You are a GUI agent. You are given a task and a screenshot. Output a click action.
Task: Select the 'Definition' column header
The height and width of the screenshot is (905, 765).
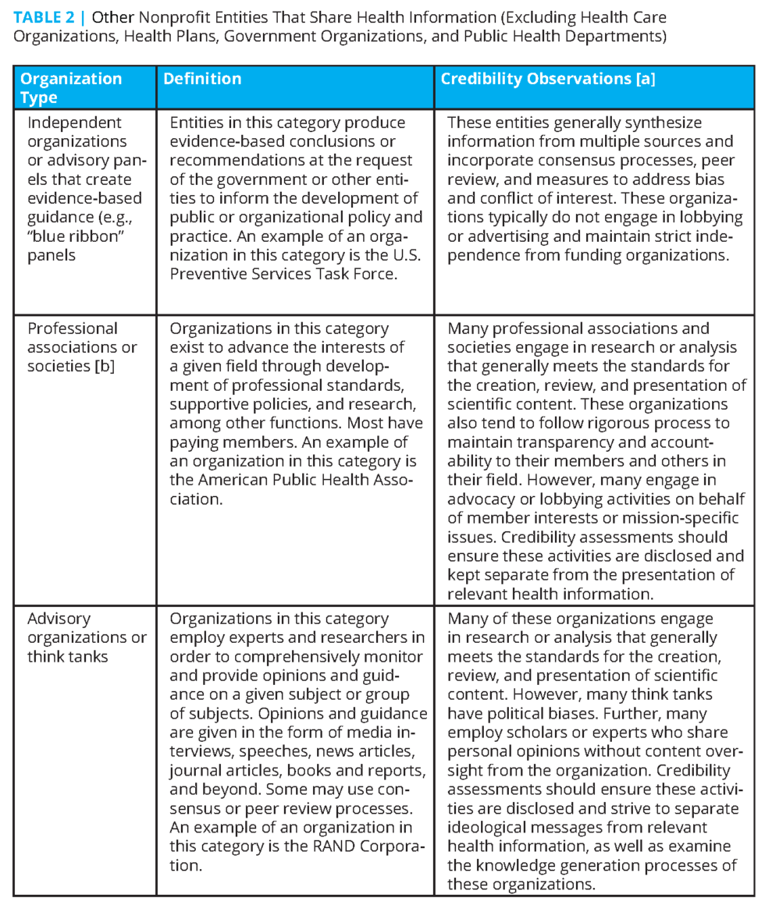coord(202,79)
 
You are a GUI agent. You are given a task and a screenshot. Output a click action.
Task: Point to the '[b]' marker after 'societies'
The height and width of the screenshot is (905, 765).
coord(105,366)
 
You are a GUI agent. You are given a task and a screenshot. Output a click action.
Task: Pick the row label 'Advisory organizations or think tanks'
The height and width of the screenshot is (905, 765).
coord(86,637)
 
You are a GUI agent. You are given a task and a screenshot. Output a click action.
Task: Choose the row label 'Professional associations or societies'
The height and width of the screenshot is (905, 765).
coord(81,347)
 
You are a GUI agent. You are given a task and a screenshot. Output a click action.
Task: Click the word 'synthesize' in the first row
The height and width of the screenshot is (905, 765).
coord(663,122)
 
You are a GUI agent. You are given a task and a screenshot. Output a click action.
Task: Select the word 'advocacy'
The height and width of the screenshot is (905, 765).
coord(483,499)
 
